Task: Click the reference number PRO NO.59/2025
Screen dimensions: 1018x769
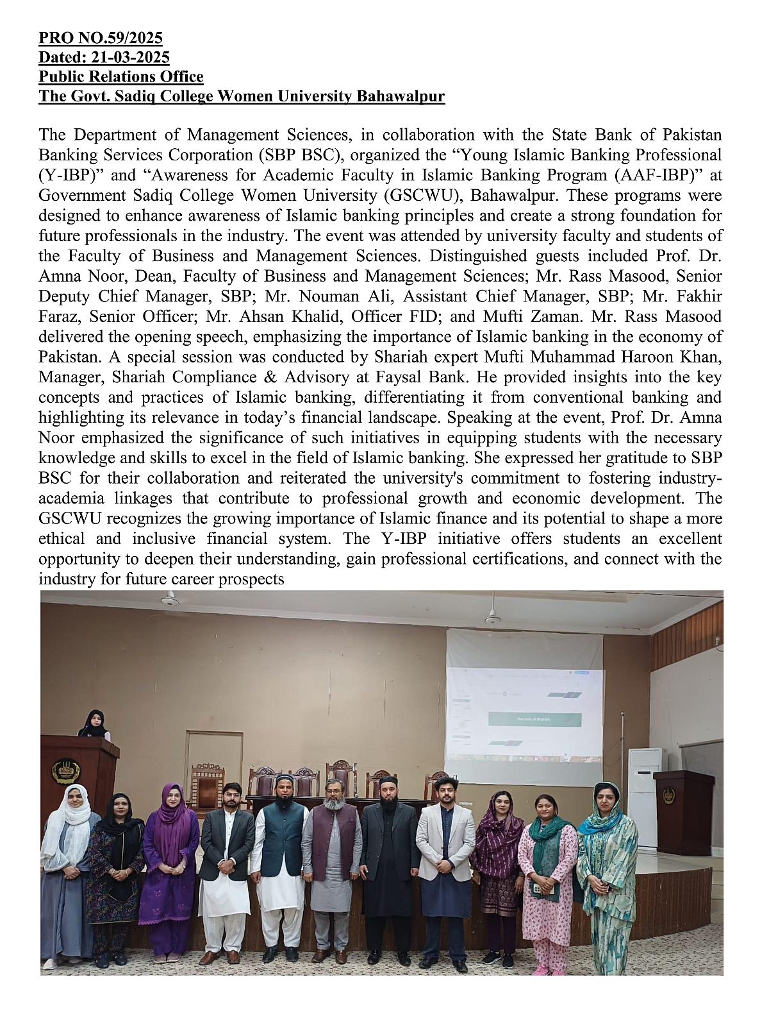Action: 101,38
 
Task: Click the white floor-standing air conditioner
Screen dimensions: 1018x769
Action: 645,795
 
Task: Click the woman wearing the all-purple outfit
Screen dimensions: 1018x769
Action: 171,866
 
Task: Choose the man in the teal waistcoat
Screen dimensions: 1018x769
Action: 280,860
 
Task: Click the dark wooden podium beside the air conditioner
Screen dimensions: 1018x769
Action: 683,811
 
